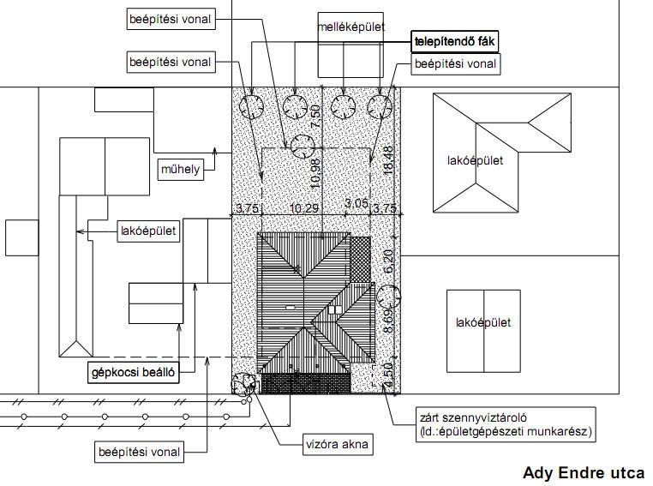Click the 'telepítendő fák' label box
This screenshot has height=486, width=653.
[454, 42]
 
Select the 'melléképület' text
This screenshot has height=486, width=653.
[350, 27]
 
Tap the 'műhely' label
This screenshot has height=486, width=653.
[181, 169]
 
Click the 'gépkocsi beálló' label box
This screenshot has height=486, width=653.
[134, 372]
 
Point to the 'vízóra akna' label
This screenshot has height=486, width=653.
[338, 444]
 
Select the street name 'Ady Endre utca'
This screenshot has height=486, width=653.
[584, 472]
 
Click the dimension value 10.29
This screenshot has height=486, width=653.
[304, 207]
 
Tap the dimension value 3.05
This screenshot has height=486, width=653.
[356, 203]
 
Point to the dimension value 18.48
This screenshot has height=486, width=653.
[388, 160]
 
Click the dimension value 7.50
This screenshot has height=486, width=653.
[316, 117]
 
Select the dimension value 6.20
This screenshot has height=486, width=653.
[388, 261]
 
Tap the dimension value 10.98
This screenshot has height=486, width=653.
[316, 173]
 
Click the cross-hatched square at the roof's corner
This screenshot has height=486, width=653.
[360, 259]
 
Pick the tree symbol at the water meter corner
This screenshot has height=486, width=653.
[243, 384]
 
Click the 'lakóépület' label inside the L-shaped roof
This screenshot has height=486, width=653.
[475, 161]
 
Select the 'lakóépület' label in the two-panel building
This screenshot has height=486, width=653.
[483, 323]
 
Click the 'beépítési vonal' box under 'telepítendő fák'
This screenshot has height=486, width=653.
[456, 64]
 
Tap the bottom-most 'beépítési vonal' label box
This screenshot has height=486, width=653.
[139, 452]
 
